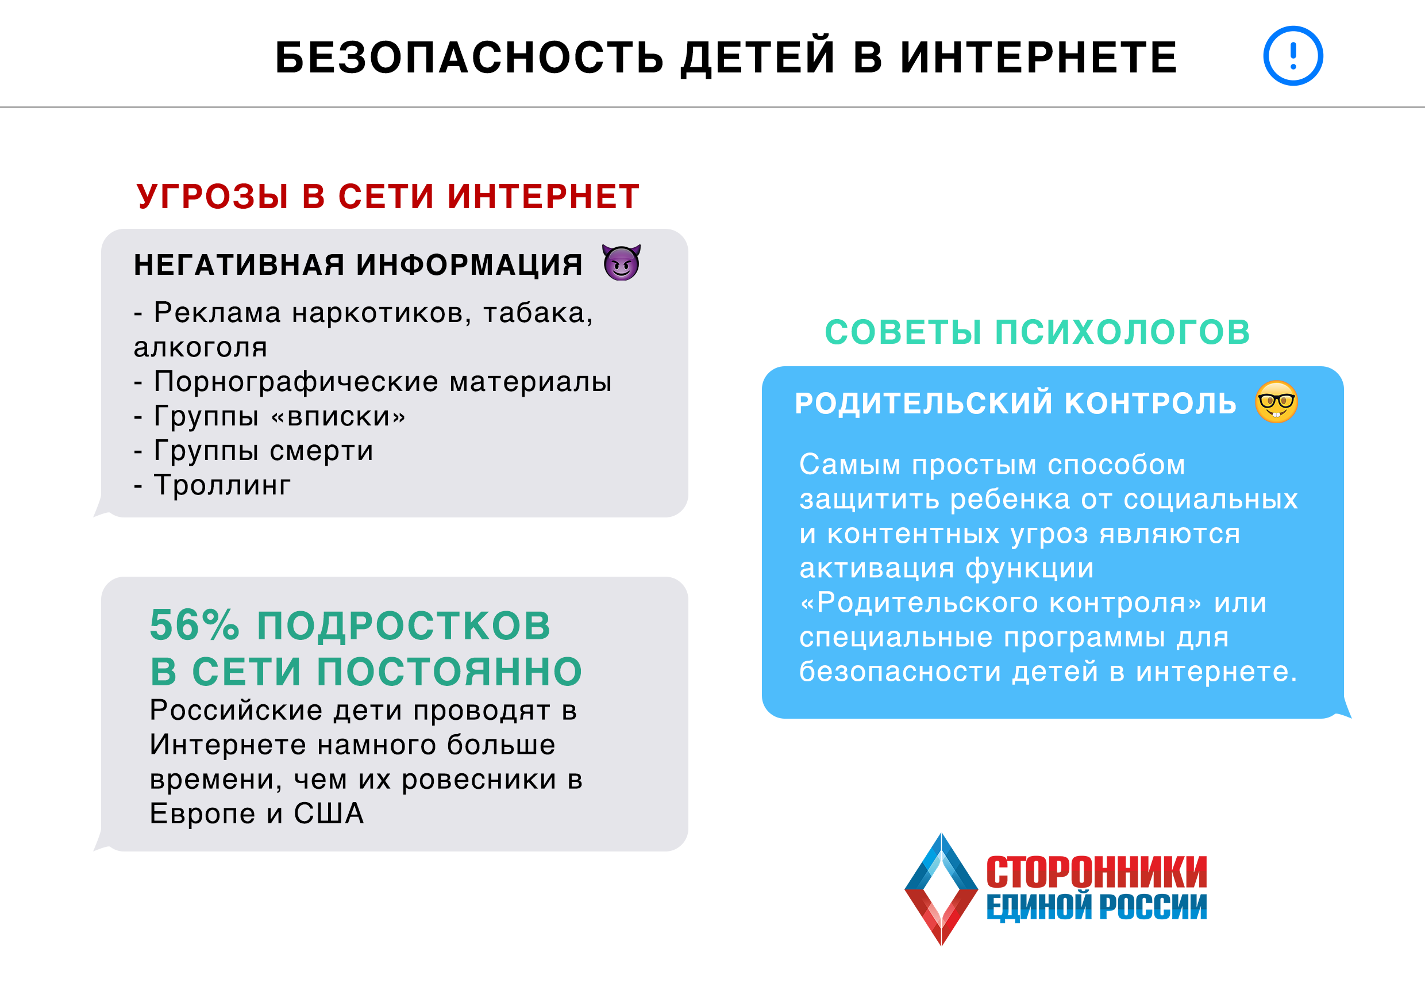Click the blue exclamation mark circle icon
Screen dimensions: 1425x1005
1293,56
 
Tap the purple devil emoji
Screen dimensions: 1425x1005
621,263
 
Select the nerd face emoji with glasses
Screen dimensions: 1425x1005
1276,402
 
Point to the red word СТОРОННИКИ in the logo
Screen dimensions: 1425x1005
1097,872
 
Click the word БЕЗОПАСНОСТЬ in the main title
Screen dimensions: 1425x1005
469,57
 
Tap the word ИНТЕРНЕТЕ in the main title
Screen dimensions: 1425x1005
1038,57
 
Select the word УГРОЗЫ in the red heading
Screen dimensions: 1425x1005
213,196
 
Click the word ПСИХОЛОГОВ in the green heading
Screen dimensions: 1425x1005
1123,332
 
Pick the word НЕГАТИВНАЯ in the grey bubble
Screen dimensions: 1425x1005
239,264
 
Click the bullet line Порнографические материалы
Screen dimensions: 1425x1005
373,382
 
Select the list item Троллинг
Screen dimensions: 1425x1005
212,486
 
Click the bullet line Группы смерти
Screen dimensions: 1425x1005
254,451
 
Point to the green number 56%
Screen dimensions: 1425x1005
195,625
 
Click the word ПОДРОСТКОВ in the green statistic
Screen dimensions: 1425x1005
403,625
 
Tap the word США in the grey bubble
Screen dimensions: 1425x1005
329,814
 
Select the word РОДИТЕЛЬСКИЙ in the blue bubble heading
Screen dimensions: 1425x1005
923,403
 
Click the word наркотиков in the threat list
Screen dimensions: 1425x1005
382,313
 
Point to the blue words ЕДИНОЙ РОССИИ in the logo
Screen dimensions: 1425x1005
1097,907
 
